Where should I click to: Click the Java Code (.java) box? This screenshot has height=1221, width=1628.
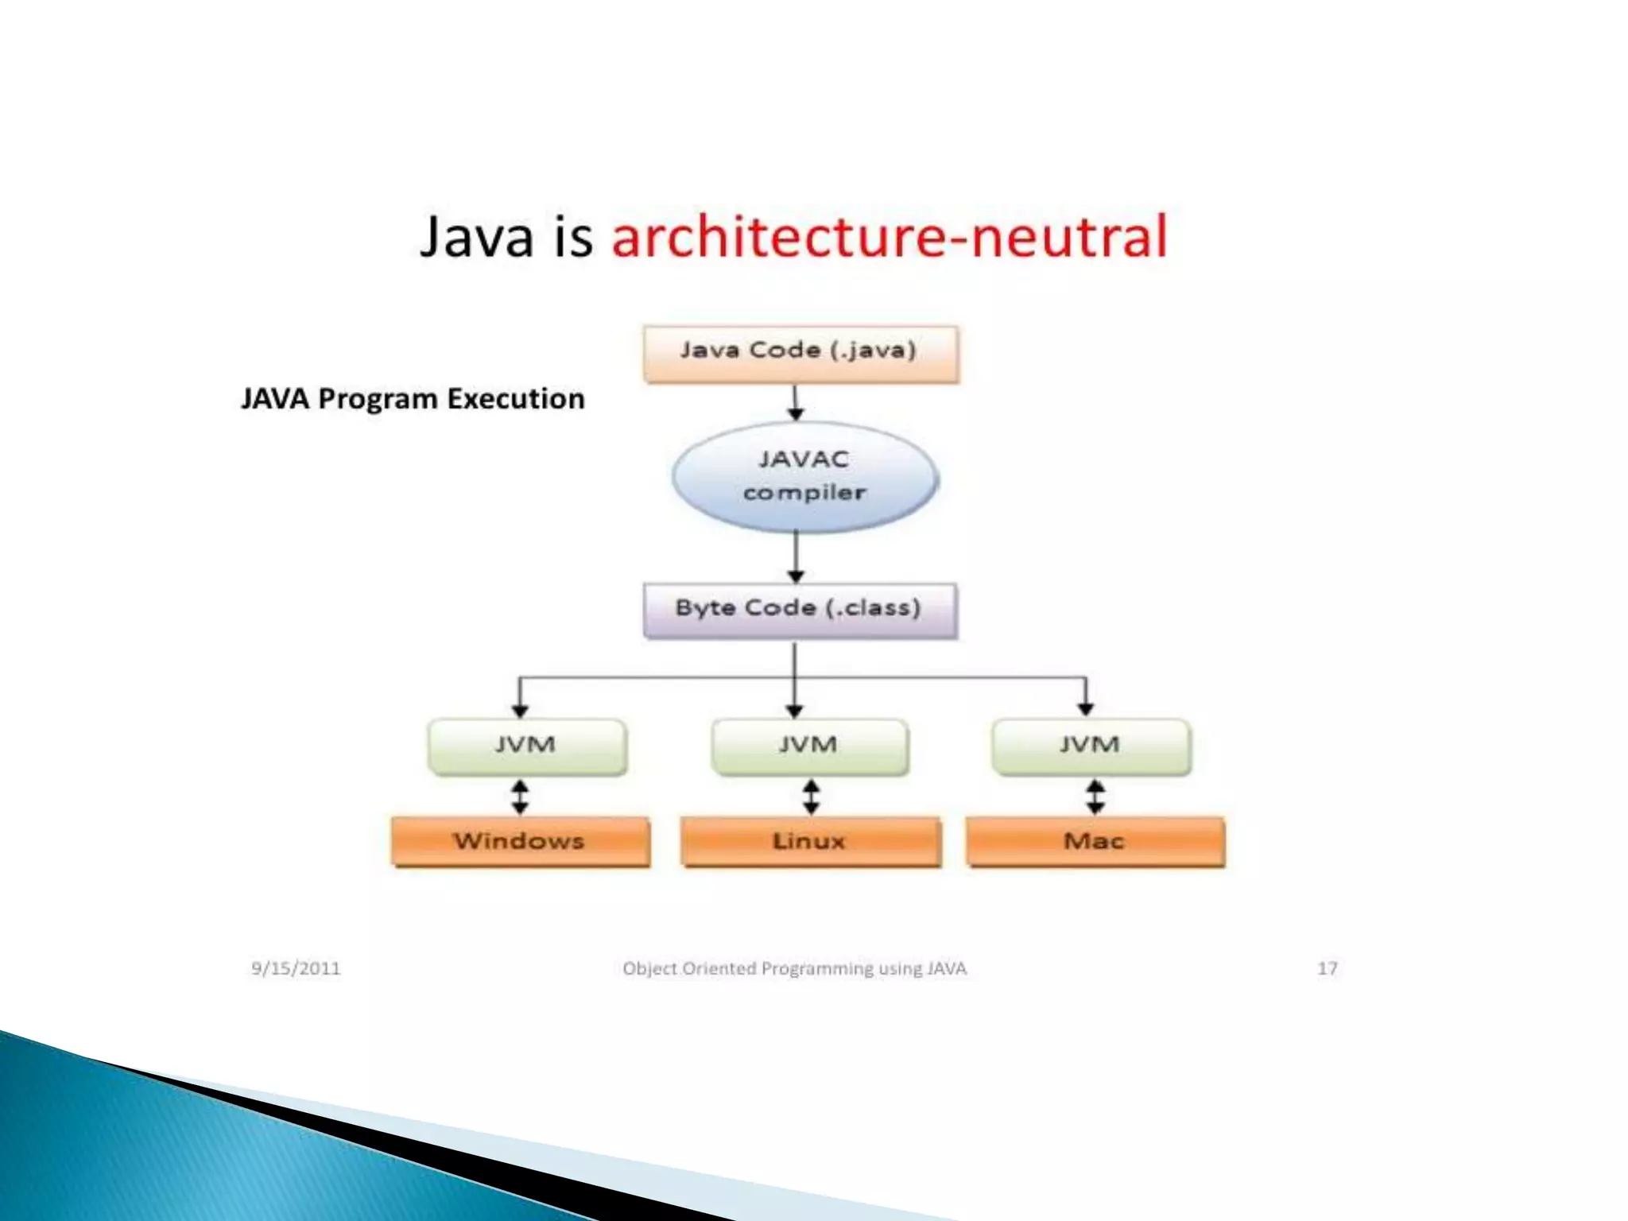pos(800,354)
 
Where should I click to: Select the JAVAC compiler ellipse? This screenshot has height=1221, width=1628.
pos(804,477)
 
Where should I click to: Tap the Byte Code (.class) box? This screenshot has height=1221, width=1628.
pos(800,610)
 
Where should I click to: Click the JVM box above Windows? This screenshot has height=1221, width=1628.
pos(526,746)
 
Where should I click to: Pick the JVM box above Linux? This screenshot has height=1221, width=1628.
pos(809,746)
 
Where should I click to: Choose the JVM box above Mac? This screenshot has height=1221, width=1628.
pos(1091,746)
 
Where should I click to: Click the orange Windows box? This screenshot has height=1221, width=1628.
pos(520,841)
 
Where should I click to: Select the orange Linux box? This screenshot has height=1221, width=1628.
pos(810,841)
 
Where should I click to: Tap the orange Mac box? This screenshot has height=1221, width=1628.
pos(1095,841)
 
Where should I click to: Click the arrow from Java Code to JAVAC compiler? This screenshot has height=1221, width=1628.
pos(796,403)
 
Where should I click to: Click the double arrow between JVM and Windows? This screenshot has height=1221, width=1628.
pos(520,797)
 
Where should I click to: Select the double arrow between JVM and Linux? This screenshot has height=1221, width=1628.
pos(811,797)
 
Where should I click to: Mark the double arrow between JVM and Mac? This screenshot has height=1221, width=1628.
pos(1095,797)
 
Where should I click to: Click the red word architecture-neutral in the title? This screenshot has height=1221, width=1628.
pos(889,237)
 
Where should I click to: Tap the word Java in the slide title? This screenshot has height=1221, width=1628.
pos(476,237)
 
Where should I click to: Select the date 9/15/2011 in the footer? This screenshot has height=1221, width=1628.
pos(296,968)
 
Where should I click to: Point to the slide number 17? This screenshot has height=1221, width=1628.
pos(1327,968)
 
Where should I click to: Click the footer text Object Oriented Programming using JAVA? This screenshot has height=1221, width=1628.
pos(794,968)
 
